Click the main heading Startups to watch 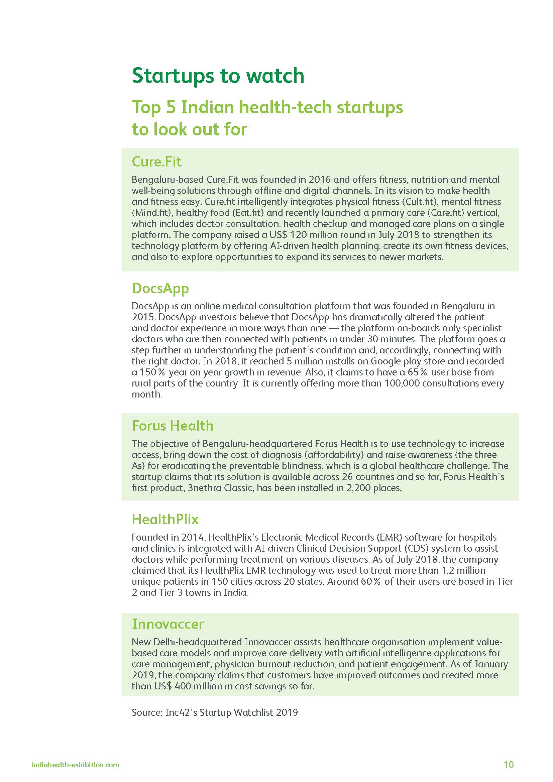click(218, 76)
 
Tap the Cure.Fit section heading click(156, 161)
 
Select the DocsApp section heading click(160, 289)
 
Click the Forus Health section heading click(173, 426)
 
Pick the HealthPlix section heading click(165, 520)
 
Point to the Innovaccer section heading click(168, 624)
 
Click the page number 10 click(509, 765)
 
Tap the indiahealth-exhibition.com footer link click(75, 765)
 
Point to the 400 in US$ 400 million click(183, 686)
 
